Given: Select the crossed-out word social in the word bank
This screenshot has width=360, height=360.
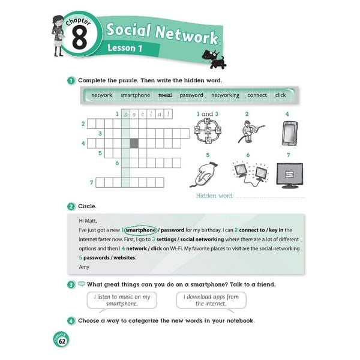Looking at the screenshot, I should click(165, 95).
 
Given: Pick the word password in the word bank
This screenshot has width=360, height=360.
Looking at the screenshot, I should click(191, 95).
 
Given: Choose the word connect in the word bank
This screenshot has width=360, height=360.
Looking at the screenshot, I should click(257, 95).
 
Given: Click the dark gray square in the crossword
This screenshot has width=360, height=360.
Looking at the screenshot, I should click(134, 143).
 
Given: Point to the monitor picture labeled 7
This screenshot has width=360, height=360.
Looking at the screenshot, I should click(289, 175).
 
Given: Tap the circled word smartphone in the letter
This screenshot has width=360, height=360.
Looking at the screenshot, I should click(141, 230).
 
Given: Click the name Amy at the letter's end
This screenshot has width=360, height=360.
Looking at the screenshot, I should click(84, 266).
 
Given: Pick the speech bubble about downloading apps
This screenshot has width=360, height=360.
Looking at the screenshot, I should click(208, 300).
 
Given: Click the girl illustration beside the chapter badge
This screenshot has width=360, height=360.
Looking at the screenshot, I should click(59, 35).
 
